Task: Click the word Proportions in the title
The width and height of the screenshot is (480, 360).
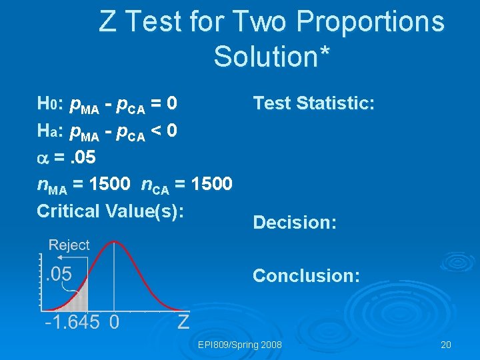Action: click(370, 22)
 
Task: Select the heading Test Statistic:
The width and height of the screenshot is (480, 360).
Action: click(314, 103)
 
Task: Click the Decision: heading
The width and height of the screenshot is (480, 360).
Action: click(295, 222)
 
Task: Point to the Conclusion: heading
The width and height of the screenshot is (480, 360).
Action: click(307, 275)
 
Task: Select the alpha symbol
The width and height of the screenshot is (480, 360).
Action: click(43, 156)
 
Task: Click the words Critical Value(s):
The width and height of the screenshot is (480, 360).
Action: click(110, 210)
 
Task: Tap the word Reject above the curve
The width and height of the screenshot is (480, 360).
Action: click(69, 245)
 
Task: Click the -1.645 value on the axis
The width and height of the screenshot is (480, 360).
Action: click(72, 323)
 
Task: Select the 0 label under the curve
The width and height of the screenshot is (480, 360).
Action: click(114, 323)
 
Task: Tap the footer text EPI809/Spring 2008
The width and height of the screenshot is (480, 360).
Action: click(240, 345)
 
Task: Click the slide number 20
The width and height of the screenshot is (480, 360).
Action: click(446, 345)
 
